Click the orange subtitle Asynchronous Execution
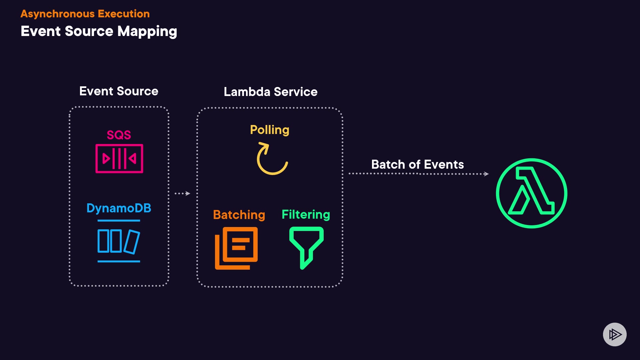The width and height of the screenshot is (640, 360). (x=85, y=14)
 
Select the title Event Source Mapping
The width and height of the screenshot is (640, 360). (x=99, y=31)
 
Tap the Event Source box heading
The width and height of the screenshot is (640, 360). (x=119, y=91)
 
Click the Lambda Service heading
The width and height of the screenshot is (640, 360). (x=270, y=92)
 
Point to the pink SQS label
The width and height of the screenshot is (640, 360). (x=119, y=135)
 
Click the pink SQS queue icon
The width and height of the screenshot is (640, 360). (x=119, y=159)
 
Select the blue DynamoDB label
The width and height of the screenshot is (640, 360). (x=119, y=208)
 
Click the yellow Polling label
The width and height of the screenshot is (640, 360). (x=270, y=130)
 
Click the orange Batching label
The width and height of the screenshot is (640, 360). (x=239, y=215)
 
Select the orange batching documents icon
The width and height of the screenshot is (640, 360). (x=236, y=248)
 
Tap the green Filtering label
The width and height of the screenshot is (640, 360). (x=306, y=214)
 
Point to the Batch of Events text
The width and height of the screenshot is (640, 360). (x=417, y=164)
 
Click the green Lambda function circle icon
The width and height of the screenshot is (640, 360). (x=532, y=193)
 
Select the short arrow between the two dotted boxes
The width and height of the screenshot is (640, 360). (x=182, y=193)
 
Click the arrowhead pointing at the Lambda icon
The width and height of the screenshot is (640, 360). (x=486, y=174)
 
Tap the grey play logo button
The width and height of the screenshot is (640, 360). (x=615, y=334)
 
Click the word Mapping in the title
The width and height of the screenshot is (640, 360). (x=147, y=31)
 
